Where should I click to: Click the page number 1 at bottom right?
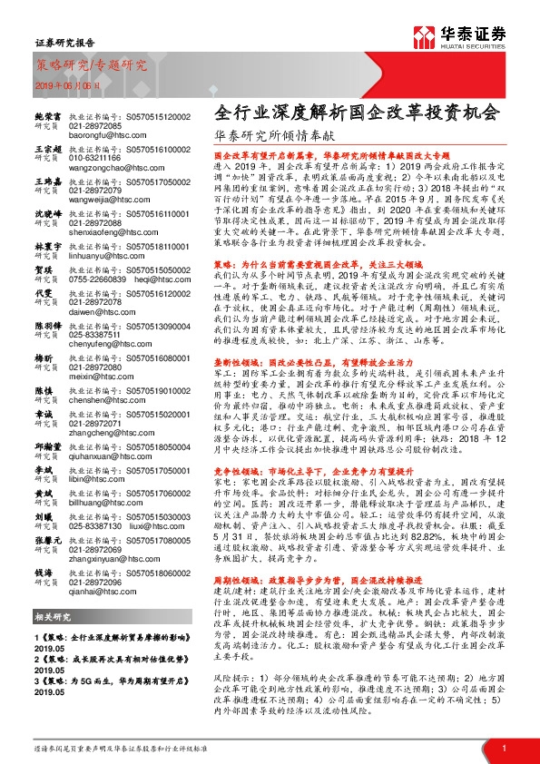pyautogui.click(x=503, y=747)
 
